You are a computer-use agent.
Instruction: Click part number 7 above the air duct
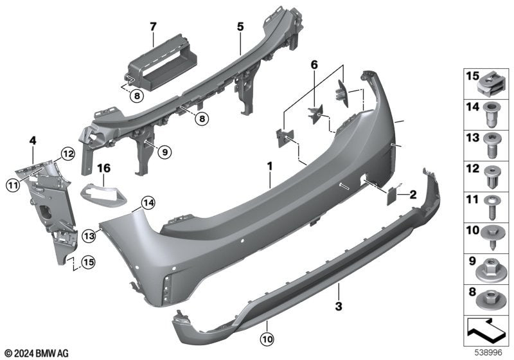click(153, 26)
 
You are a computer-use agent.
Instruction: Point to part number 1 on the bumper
click(270, 166)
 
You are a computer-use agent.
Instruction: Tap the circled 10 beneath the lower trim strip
click(267, 337)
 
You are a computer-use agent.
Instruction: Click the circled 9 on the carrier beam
click(164, 152)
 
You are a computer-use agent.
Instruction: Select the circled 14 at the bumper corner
click(148, 203)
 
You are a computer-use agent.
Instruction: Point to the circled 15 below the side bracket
click(88, 262)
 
